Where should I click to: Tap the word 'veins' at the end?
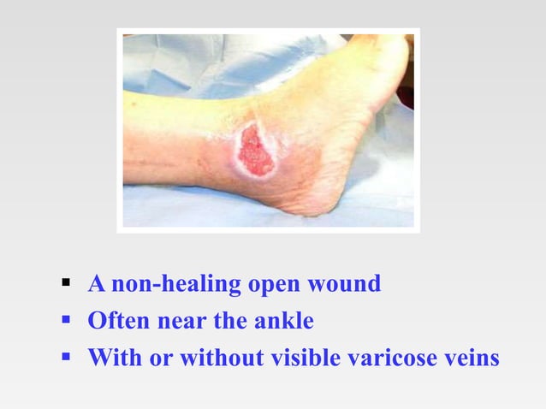474,358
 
